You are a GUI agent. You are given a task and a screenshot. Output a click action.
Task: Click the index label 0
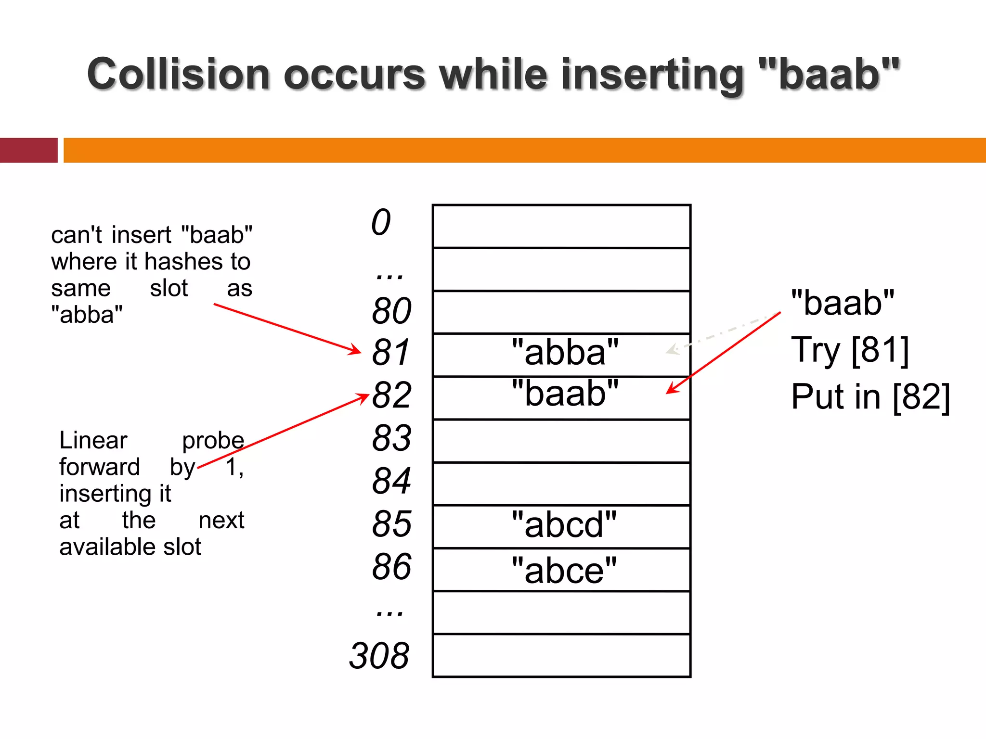tap(381, 223)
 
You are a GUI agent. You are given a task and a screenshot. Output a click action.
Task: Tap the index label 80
tap(391, 311)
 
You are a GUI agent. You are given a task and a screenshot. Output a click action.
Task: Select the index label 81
tap(390, 353)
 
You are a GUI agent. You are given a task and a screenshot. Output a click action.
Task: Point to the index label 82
tap(391, 395)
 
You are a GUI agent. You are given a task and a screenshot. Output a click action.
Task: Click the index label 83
tap(391, 438)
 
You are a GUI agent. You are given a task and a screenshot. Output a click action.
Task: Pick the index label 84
tap(391, 481)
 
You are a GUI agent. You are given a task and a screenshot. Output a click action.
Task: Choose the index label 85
tap(391, 524)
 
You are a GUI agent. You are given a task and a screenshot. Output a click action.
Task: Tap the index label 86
tap(391, 567)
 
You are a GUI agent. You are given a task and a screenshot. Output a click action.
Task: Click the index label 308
tap(379, 656)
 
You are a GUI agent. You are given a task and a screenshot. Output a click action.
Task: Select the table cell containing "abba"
tap(561, 355)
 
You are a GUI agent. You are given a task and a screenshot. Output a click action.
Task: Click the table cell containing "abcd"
tap(561, 527)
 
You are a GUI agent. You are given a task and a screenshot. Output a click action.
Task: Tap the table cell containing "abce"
tap(561, 570)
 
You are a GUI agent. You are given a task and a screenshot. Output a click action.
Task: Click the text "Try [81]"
tap(850, 350)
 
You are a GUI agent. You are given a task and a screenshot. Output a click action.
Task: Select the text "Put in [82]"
tap(870, 397)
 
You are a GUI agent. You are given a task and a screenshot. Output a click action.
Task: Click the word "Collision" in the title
tap(178, 75)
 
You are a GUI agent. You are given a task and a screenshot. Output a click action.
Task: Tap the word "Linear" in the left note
tap(93, 440)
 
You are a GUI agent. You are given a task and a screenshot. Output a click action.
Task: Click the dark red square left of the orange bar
tap(28, 150)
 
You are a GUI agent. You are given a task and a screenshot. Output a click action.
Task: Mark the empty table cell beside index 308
tap(561, 656)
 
